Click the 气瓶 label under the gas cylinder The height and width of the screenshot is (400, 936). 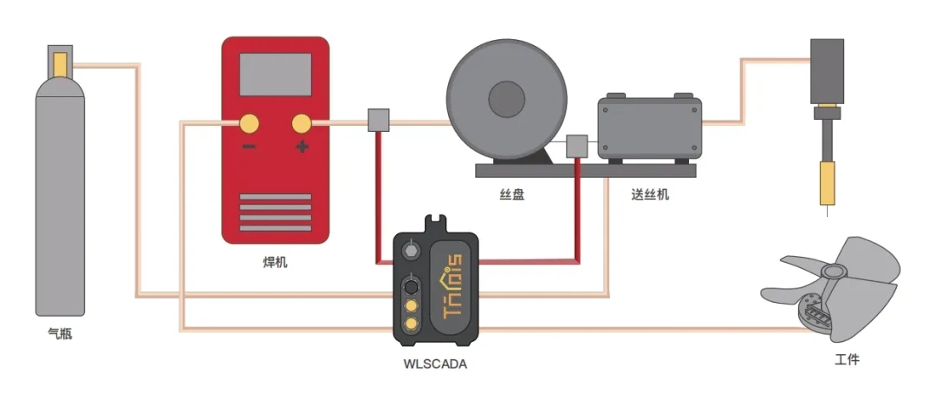click(60, 333)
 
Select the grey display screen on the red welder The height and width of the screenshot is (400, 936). click(275, 75)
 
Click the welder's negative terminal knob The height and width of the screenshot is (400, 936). click(249, 123)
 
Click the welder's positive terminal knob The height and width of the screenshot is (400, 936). click(302, 123)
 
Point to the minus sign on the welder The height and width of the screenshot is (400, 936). click(249, 147)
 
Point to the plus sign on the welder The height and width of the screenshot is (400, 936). click(302, 147)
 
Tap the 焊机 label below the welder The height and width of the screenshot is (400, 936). click(275, 261)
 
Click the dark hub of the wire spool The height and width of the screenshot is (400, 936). click(507, 98)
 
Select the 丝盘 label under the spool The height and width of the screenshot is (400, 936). click(512, 194)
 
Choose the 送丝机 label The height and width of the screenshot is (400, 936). click(650, 194)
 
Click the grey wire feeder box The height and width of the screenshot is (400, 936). click(649, 128)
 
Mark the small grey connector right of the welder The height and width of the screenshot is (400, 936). click(379, 121)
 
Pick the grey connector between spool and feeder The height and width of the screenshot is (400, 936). click(577, 147)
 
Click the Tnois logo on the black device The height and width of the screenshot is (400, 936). click(452, 286)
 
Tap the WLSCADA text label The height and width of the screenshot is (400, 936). click(435, 364)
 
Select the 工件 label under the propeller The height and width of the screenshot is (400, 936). click(847, 358)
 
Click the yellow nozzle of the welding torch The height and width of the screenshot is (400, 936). click(829, 182)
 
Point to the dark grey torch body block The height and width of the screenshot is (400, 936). click(827, 70)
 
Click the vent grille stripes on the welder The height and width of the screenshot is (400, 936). click(275, 213)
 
